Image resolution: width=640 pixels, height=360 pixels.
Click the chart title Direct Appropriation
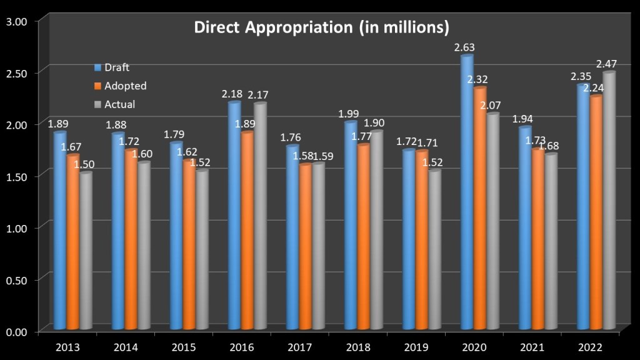(321, 28)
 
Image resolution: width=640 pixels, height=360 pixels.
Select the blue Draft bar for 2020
(466, 194)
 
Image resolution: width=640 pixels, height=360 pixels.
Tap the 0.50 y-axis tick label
(17, 279)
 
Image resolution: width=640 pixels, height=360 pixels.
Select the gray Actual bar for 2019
(434, 250)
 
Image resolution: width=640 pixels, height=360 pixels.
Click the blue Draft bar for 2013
(59, 231)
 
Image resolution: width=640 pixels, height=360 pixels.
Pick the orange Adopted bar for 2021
(537, 240)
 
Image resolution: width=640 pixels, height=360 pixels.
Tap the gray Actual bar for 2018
(376, 231)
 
